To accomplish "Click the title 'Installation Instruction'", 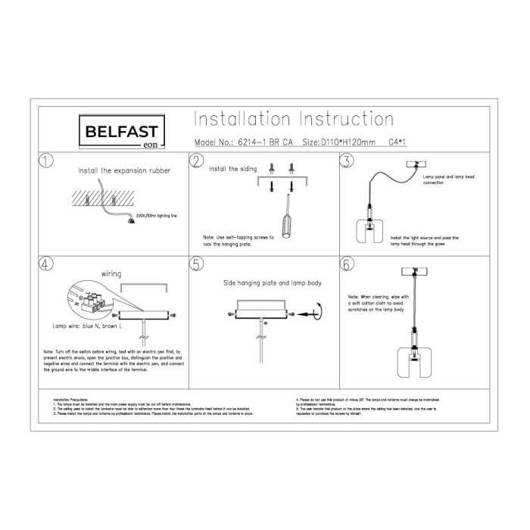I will click(294, 120).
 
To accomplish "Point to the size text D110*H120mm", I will click(338, 142).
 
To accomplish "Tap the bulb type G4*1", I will click(397, 142).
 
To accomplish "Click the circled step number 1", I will click(48, 161).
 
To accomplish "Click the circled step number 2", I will click(198, 161).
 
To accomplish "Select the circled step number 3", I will click(347, 161).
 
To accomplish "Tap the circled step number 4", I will click(48, 264).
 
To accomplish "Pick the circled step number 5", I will click(198, 264).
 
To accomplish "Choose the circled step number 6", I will click(347, 264).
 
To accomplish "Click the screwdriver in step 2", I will click(285, 219).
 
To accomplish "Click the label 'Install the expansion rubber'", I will click(124, 171).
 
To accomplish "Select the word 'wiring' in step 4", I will click(111, 273).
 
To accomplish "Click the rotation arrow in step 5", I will click(316, 310).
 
